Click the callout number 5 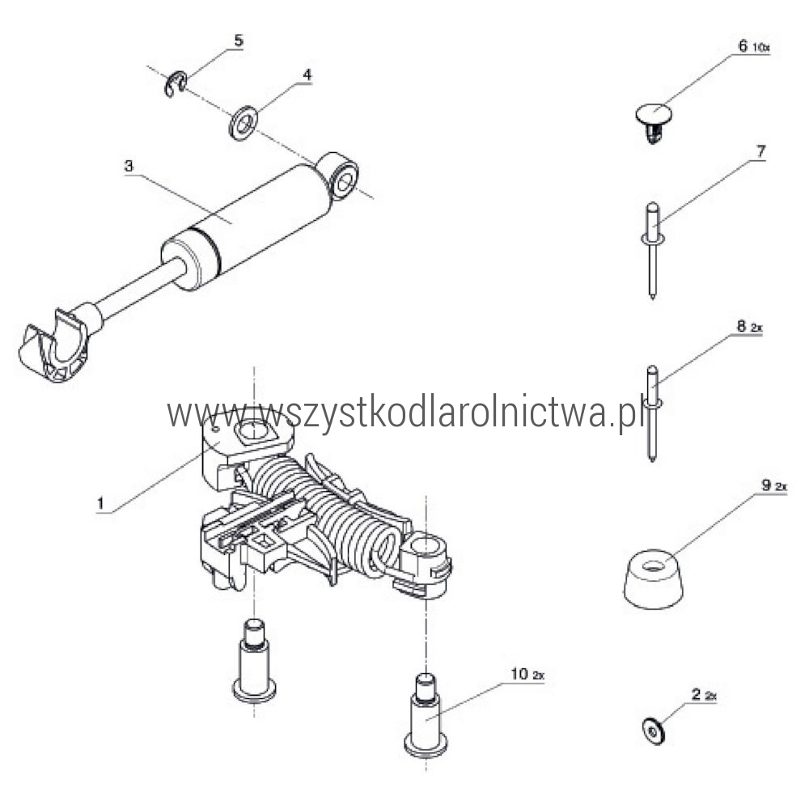238,40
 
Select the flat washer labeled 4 243,123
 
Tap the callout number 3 129,166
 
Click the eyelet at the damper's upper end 339,176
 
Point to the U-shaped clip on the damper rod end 53,345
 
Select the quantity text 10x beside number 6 760,48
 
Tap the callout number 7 760,152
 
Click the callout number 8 741,326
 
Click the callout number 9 766,485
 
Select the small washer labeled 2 654,731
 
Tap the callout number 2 696,694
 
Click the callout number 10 519,674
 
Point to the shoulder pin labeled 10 425,716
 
